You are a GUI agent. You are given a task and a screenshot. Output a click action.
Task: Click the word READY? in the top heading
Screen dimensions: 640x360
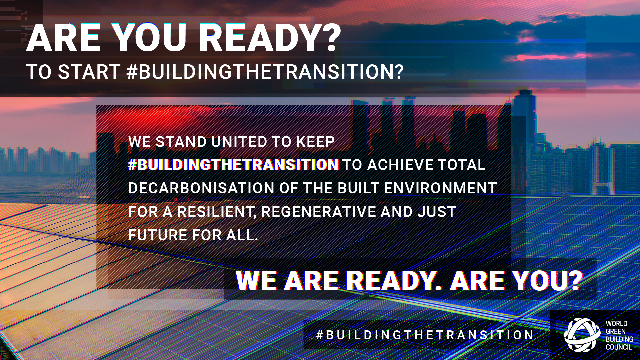[270, 38]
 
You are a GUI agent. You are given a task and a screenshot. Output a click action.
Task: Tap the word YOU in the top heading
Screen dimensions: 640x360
[149, 38]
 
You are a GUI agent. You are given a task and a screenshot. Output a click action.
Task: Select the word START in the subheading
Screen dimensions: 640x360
[89, 72]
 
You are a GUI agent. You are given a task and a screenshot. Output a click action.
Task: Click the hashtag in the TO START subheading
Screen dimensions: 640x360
[265, 72]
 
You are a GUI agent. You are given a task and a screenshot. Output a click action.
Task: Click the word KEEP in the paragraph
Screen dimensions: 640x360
[315, 142]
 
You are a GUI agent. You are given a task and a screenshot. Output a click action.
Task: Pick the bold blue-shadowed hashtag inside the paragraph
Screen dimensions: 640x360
[233, 165]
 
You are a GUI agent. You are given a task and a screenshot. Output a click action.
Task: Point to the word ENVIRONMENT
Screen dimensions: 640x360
[440, 188]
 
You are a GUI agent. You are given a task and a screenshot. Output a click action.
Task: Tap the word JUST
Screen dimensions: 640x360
[437, 212]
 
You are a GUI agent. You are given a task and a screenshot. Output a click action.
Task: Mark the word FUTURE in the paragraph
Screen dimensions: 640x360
[158, 235]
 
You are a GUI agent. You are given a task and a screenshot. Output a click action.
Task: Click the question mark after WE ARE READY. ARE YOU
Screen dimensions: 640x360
[574, 280]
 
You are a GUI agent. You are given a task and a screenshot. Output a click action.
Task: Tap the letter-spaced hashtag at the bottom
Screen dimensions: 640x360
[425, 335]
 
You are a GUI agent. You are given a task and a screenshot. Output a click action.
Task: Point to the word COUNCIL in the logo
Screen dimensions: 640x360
[619, 347]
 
